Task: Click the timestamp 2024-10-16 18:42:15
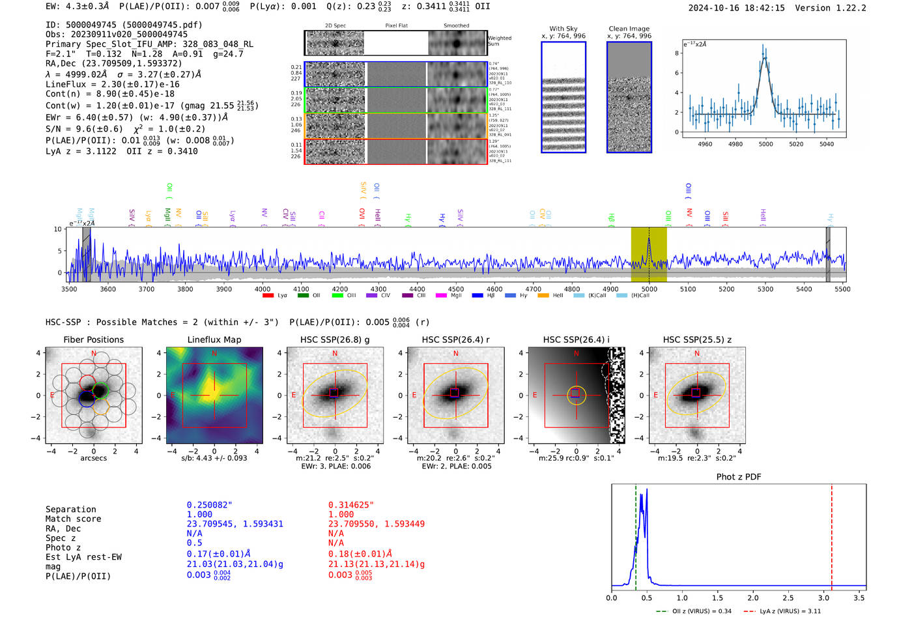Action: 736,8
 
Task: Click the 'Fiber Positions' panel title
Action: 93,339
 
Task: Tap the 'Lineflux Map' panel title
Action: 214,339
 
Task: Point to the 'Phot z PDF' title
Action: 738,477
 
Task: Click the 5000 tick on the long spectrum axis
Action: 649,289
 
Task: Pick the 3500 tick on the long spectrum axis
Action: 69,289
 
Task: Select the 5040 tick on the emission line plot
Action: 826,144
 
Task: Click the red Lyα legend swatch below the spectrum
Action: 268,296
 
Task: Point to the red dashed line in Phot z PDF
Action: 831,534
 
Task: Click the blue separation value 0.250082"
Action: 209,505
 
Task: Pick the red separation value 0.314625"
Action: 350,505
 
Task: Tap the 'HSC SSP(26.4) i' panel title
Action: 576,339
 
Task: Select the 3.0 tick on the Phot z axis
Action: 824,598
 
